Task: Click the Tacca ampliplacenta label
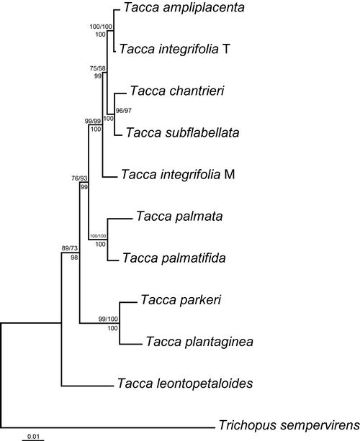(184, 8)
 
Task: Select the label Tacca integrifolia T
(175, 49)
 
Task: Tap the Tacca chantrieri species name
(177, 91)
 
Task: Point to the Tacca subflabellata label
(182, 132)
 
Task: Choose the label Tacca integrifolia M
(178, 174)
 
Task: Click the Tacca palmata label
(179, 216)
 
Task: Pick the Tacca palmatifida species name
(174, 258)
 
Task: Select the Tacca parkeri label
(181, 300)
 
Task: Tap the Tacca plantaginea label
(199, 342)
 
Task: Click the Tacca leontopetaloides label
(185, 383)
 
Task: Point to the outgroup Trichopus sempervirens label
(289, 425)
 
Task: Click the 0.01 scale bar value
(33, 436)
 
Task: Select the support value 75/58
(98, 68)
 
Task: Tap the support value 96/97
(124, 111)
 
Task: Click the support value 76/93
(79, 178)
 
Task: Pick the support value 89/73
(70, 248)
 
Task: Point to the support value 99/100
(108, 319)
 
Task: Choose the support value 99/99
(93, 121)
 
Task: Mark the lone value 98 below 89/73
(74, 257)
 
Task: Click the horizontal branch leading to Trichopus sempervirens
(108, 428)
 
